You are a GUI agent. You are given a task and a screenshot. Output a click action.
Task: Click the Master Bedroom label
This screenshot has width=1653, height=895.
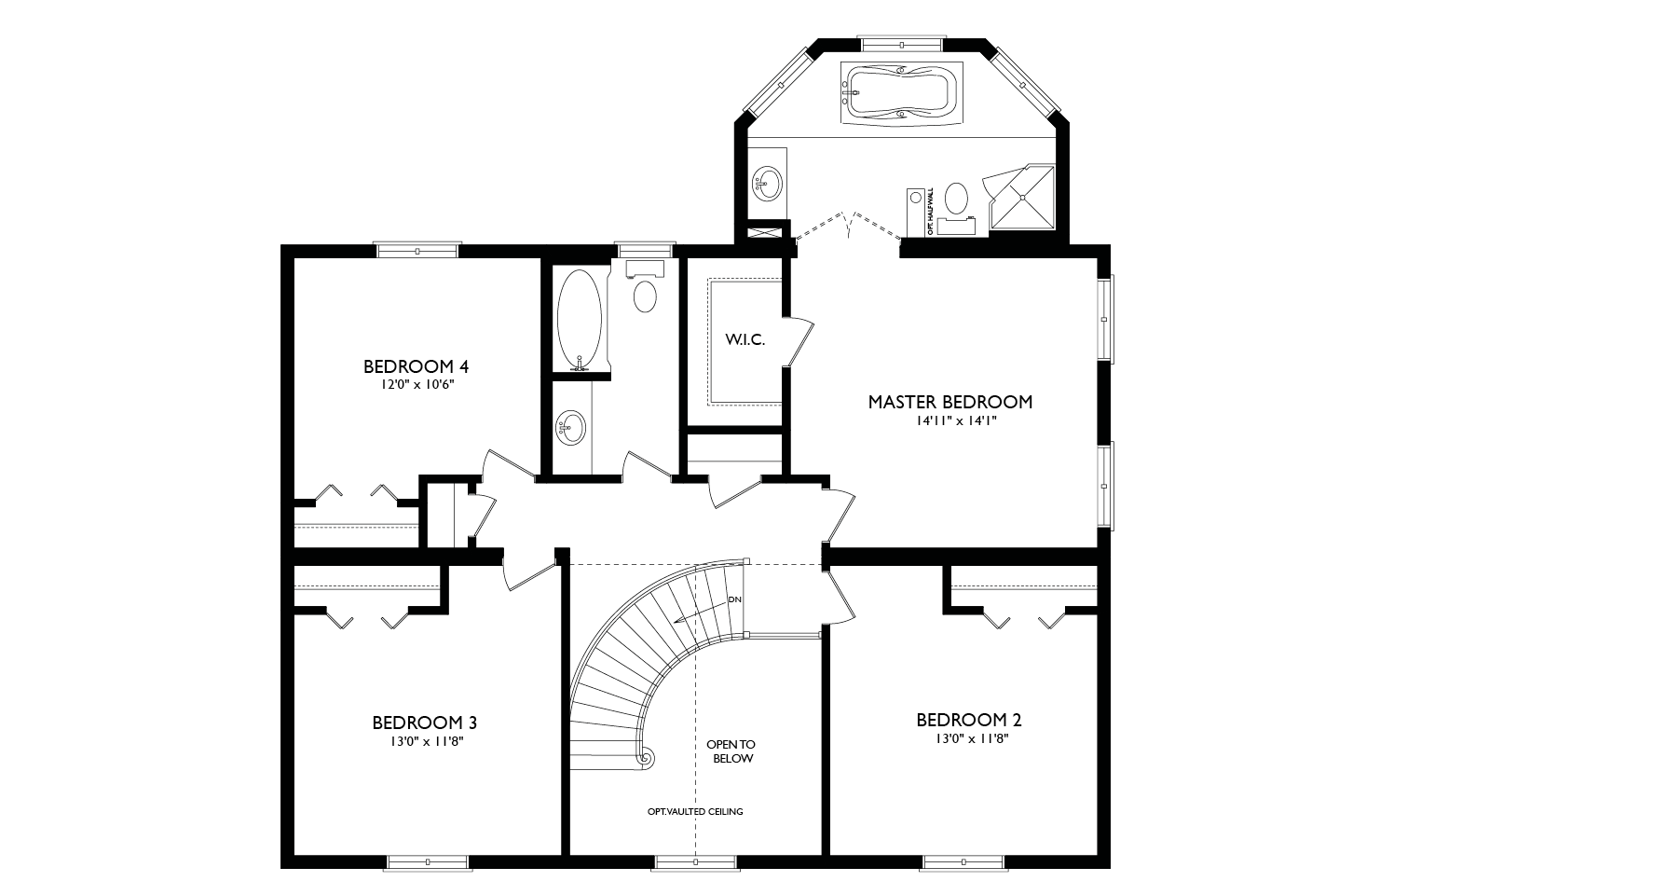949,403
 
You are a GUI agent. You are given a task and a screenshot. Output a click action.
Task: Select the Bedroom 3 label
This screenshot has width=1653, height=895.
424,723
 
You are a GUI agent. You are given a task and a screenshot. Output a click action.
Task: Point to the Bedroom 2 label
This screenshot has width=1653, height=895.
969,720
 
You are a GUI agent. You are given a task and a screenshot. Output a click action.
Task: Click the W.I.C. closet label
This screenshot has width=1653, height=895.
745,340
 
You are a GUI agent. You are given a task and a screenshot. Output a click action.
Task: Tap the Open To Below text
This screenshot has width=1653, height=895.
730,751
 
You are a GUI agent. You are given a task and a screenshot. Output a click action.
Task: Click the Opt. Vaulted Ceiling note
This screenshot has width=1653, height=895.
695,811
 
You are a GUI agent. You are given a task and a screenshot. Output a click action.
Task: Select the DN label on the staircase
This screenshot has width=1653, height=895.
735,599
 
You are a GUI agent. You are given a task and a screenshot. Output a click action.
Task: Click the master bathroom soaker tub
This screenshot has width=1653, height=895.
898,92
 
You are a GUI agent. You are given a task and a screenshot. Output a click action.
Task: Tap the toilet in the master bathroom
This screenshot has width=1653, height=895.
956,200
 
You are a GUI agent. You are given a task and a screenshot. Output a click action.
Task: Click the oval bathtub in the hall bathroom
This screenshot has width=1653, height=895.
580,320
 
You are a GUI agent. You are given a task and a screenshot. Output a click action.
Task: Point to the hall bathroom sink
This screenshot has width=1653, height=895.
571,428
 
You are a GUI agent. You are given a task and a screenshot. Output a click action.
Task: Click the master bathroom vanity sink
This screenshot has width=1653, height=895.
768,181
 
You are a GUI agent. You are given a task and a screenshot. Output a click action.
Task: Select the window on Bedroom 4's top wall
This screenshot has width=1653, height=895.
417,250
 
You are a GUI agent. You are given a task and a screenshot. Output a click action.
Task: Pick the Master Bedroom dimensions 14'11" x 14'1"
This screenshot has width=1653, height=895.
949,420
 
